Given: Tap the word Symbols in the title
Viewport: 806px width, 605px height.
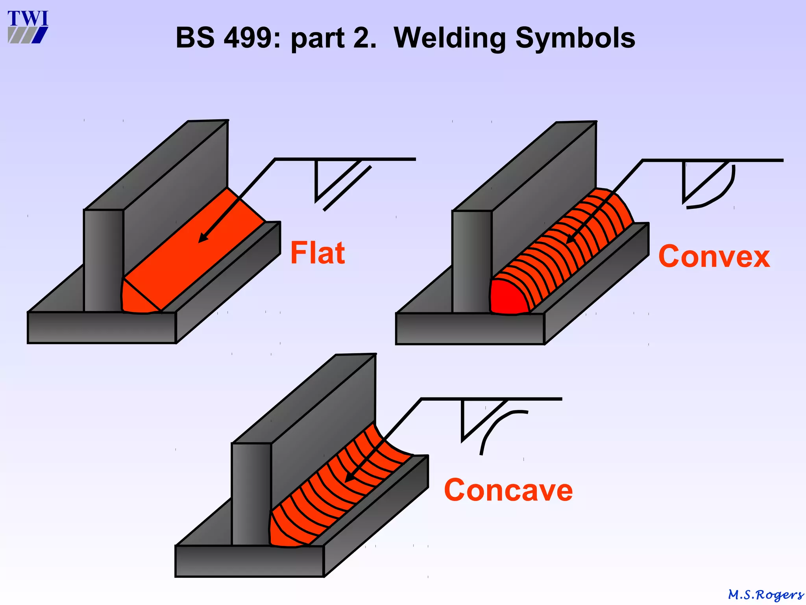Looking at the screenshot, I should [x=575, y=38].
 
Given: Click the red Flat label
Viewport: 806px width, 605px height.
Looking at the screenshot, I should [x=318, y=253].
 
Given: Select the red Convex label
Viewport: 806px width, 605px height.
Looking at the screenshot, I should [x=714, y=256].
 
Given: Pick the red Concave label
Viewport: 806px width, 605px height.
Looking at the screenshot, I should [x=508, y=490].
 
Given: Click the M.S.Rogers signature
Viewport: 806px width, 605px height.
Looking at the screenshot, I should [x=765, y=594].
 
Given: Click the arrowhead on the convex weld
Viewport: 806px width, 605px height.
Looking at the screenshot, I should [x=570, y=239].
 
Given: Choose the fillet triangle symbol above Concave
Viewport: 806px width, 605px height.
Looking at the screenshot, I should [x=476, y=418].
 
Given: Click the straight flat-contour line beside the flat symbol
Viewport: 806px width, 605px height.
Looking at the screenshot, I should [x=347, y=189].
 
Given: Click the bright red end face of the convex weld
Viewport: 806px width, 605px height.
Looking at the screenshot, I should [x=507, y=298].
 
